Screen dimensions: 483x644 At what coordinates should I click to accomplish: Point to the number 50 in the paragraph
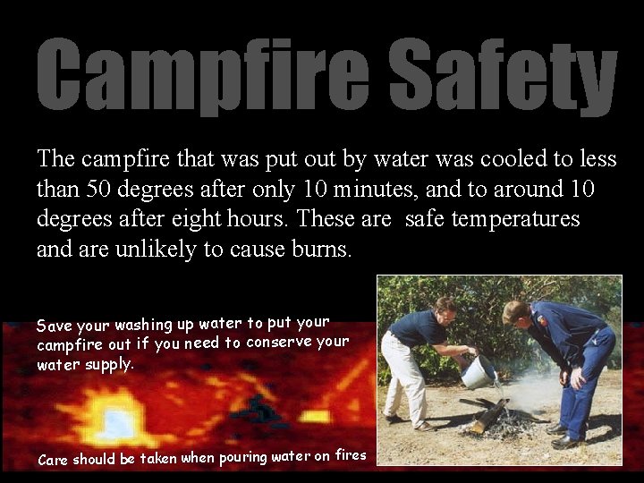tap(99, 189)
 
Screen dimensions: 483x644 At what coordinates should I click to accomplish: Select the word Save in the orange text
tap(54, 325)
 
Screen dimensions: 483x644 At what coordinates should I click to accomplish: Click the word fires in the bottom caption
tap(351, 454)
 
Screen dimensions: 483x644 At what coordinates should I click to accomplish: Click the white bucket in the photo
tap(478, 372)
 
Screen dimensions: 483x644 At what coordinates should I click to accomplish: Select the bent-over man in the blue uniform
tap(563, 358)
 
